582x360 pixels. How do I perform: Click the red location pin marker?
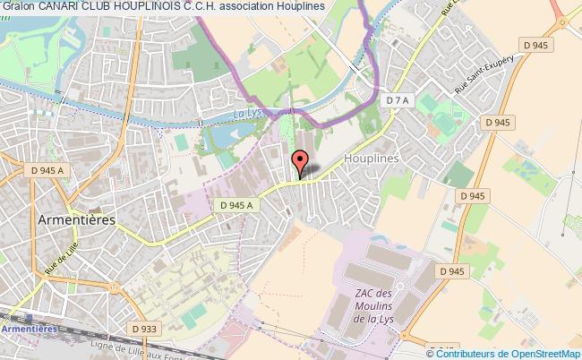point(301,162)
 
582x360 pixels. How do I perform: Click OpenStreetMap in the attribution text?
point(545,353)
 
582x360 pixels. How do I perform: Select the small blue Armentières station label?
point(30,329)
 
